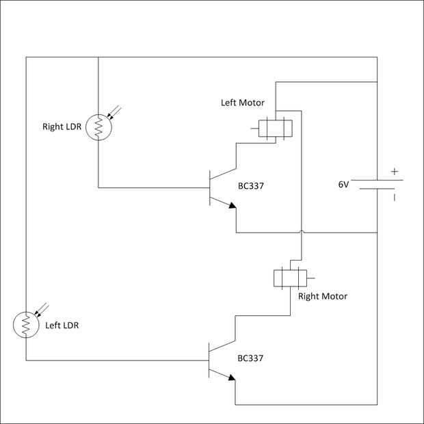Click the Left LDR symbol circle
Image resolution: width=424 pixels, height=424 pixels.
coord(27,325)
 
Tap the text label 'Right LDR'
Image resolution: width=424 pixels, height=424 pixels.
coord(62,127)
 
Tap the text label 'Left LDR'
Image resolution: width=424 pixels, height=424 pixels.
coord(62,325)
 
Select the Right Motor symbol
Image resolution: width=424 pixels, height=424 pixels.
coord(290,278)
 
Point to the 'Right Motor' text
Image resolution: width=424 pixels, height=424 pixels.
coord(323,296)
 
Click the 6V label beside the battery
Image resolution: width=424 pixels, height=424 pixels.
coord(343,185)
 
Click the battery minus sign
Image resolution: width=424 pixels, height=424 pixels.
coord(395,198)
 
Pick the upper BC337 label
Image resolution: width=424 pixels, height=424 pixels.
coord(250,185)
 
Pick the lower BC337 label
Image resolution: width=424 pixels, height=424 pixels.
coord(250,358)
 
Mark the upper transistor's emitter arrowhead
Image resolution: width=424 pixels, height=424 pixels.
coord(233,204)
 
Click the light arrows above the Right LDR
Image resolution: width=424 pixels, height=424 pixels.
coord(116,110)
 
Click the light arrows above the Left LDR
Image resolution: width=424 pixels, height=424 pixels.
coord(44,307)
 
